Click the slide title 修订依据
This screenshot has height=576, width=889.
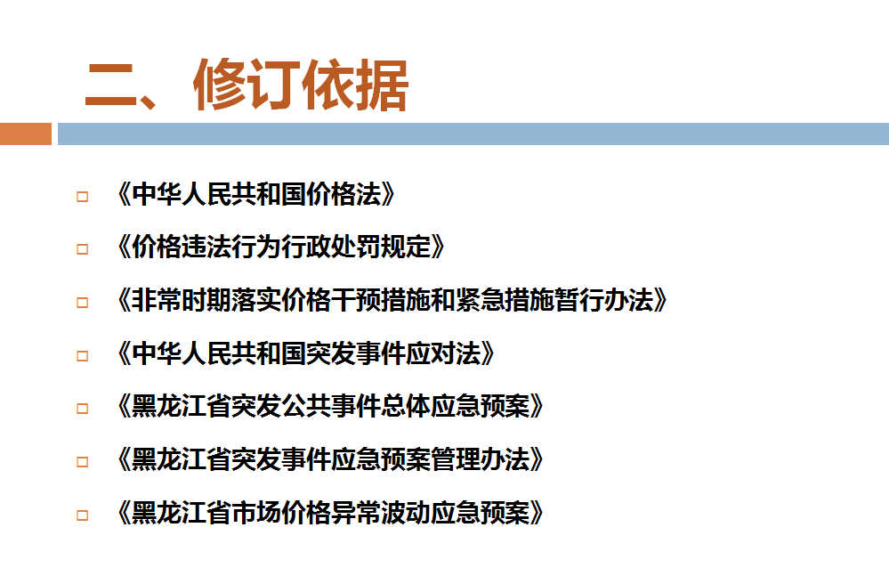pos(301,85)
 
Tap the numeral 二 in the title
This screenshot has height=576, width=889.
pos(110,85)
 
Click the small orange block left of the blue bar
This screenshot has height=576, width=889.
pos(26,134)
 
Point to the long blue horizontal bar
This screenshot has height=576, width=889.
pos(473,134)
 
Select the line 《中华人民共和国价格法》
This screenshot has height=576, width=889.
pos(255,194)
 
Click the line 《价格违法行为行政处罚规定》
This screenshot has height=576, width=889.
pos(280,247)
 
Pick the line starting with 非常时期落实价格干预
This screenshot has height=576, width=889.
pos(392,301)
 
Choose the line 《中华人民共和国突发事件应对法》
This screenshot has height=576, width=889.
pos(305,353)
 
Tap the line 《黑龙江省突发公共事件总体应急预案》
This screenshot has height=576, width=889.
pos(330,407)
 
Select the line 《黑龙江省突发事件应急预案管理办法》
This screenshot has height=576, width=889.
pos(330,459)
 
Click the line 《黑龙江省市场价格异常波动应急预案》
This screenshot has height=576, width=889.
pos(330,513)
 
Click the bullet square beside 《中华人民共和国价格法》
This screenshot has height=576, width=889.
pos(82,197)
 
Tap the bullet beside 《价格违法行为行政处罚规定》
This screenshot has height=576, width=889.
pos(82,249)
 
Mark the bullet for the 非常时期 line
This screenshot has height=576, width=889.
pos(82,303)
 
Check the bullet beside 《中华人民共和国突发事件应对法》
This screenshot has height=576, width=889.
pos(82,356)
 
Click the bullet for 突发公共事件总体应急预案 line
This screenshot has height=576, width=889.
pos(82,409)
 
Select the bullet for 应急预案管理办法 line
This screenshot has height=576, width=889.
pos(82,462)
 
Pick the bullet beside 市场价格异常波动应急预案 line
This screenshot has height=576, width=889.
pos(82,515)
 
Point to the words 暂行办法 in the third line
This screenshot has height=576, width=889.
pos(603,301)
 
